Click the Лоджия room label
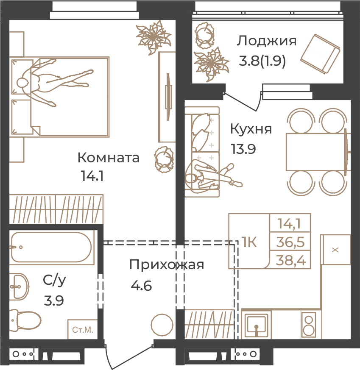point(267,41)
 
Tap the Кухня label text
point(251,129)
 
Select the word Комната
point(109,158)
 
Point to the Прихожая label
point(166,265)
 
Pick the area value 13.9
point(243,149)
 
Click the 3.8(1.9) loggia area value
point(262,61)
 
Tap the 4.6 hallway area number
point(141,286)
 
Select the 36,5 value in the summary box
point(290,242)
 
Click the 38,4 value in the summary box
point(291,261)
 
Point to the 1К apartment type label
point(249,242)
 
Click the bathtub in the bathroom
point(51,247)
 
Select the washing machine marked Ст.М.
point(83,329)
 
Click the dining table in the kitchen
point(315,152)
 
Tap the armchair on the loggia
point(320,54)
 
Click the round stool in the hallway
point(162,325)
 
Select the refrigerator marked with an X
point(335,249)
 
